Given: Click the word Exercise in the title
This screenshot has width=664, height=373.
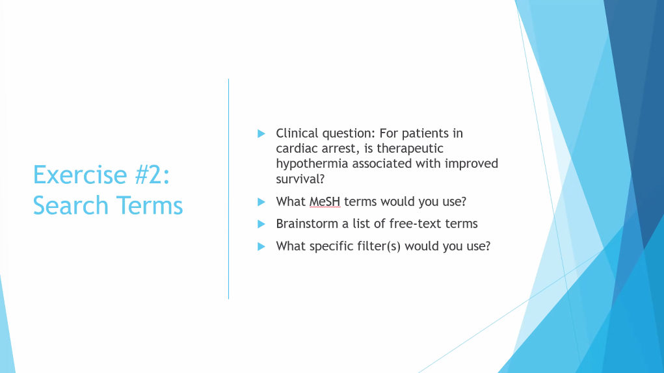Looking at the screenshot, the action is [x=80, y=175].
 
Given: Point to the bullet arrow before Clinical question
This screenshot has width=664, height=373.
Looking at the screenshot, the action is [x=261, y=134].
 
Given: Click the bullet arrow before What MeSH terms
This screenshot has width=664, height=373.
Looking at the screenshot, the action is [x=261, y=201].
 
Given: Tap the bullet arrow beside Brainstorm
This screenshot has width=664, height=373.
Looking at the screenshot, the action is [x=261, y=224].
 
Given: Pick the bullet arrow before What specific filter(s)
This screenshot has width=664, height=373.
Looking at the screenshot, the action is [x=261, y=246].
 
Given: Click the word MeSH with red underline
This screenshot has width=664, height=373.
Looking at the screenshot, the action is [x=325, y=201].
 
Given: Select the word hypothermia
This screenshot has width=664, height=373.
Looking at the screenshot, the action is [x=312, y=164].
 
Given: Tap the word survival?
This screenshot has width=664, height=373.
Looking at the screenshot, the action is [x=300, y=179].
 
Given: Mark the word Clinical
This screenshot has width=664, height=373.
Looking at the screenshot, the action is [x=297, y=134].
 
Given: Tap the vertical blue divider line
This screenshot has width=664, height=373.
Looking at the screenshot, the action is [x=229, y=189].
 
